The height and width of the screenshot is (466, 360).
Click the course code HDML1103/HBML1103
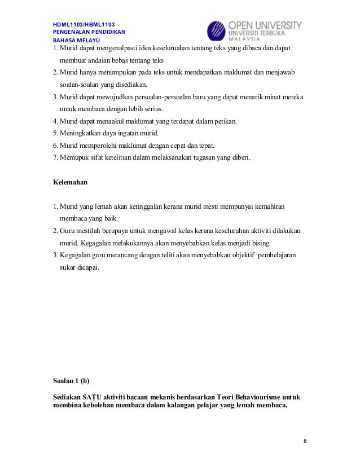[84, 24]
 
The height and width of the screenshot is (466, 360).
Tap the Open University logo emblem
[217, 32]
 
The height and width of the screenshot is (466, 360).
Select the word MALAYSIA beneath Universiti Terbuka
[252, 41]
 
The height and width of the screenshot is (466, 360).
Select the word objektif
[240, 255]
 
